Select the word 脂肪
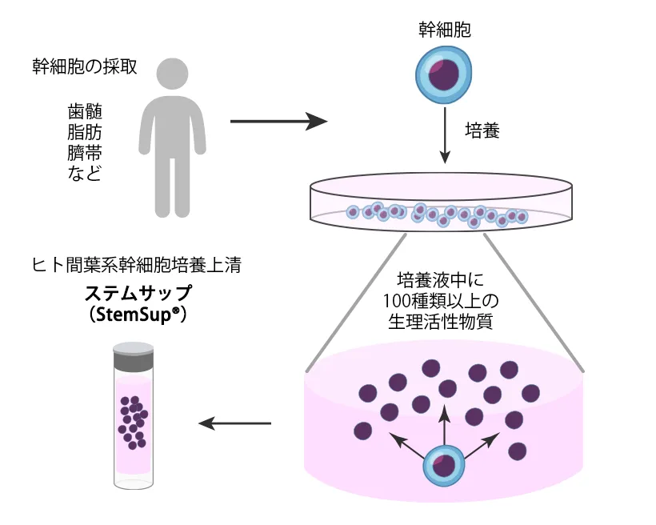pyautogui.click(x=85, y=131)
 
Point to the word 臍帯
pyautogui.click(x=85, y=152)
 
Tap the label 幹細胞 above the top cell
pyautogui.click(x=445, y=30)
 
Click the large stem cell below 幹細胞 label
pyautogui.click(x=444, y=78)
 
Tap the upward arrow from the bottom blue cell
pyautogui.click(x=445, y=420)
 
